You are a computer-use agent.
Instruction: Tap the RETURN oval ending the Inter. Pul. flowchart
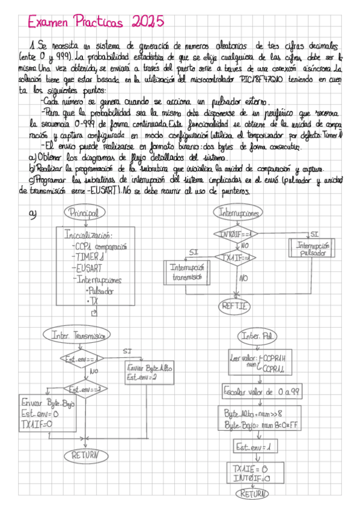tap(253, 494)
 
